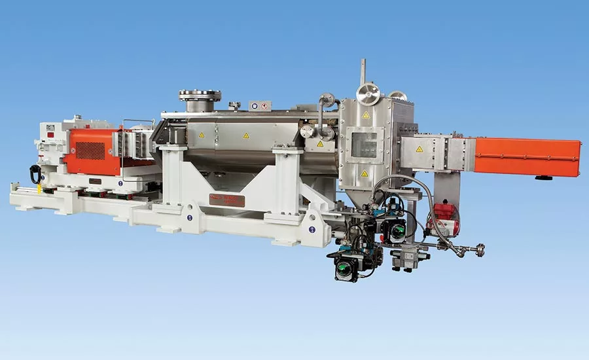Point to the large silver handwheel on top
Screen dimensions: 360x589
pyautogui.click(x=368, y=94)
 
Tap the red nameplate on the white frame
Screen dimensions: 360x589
pyautogui.click(x=226, y=200)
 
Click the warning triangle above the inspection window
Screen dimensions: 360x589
pyautogui.click(x=366, y=116)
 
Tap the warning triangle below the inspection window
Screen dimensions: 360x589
pyautogui.click(x=365, y=174)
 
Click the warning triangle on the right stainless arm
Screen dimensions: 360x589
pyautogui.click(x=419, y=149)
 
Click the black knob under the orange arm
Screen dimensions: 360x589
pyautogui.click(x=541, y=177)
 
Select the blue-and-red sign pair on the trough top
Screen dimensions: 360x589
pyautogui.click(x=260, y=105)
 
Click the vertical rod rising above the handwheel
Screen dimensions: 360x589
pyautogui.click(x=363, y=71)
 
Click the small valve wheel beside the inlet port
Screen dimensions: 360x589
pyautogui.click(x=234, y=105)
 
